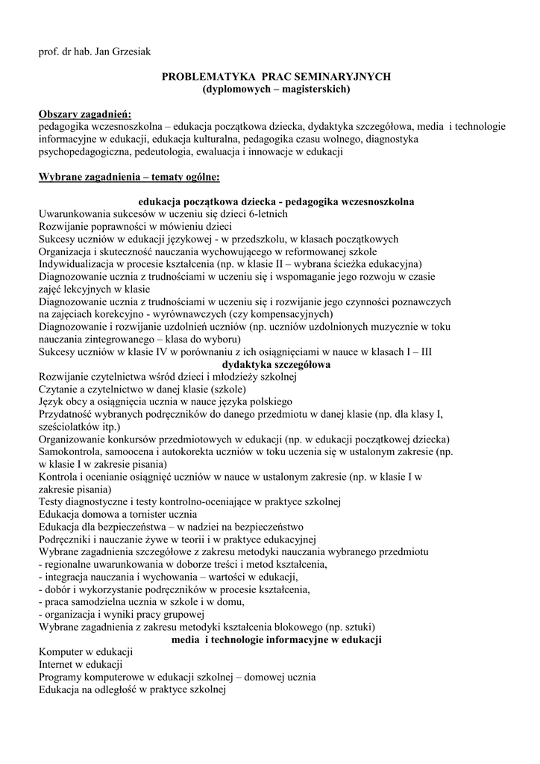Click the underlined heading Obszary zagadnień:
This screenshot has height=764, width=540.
[84, 114]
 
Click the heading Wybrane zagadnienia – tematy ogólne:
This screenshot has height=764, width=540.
[128, 177]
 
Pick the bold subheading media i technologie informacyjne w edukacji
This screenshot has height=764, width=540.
[277, 640]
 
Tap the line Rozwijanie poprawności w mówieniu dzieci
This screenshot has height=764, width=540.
[135, 227]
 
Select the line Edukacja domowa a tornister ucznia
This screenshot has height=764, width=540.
[118, 515]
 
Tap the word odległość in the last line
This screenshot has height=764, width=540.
[138, 690]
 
